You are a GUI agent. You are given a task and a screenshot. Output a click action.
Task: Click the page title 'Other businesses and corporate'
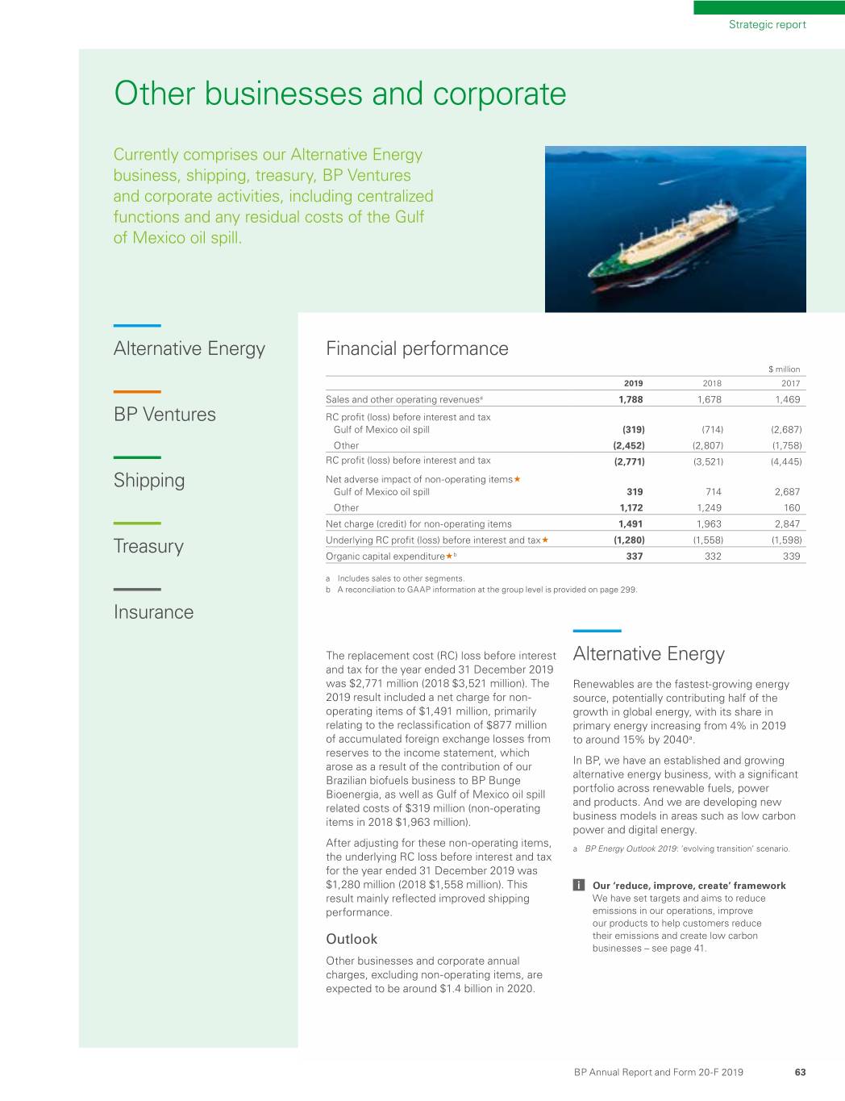339,94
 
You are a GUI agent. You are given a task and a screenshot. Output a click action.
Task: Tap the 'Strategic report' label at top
767,24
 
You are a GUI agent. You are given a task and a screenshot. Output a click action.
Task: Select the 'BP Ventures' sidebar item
164,415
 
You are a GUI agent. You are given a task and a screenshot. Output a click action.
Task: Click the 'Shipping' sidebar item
149,481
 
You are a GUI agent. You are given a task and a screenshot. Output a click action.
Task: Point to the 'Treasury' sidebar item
148,547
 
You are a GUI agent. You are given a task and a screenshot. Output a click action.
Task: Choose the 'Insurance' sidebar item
153,612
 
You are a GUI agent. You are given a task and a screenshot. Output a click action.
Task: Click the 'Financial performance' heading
417,348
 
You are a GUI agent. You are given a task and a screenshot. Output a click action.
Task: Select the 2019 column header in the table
633,384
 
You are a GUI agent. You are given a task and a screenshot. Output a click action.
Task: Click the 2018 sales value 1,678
709,399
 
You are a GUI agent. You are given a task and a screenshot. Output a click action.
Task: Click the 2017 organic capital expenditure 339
791,556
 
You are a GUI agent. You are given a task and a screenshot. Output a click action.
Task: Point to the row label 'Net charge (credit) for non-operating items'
418,524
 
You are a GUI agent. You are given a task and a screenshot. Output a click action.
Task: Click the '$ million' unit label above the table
784,369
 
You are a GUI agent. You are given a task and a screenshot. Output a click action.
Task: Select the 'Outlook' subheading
352,939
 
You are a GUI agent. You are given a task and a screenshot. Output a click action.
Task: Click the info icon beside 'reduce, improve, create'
579,886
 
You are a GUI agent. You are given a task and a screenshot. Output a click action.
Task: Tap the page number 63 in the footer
800,1072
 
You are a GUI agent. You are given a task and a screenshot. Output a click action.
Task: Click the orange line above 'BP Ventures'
137,392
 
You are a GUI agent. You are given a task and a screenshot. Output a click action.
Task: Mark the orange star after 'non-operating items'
517,479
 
